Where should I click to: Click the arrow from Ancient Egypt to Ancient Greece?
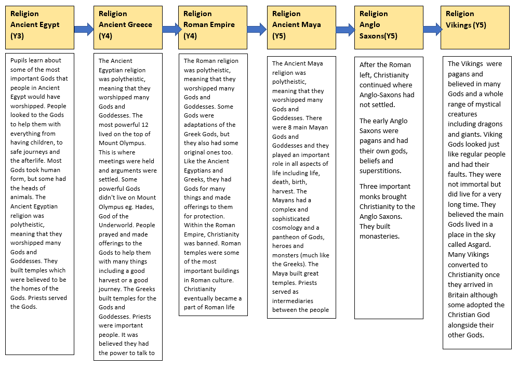click(x=84, y=30)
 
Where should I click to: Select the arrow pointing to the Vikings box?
click(x=432, y=30)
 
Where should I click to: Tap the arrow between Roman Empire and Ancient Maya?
click(x=257, y=30)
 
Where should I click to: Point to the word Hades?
click(x=144, y=207)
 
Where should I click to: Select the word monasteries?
click(x=379, y=237)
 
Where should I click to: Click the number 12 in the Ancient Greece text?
click(x=144, y=125)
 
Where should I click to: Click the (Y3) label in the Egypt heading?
click(x=17, y=36)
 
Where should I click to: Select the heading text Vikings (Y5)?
click(x=466, y=25)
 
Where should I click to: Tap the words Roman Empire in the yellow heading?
click(x=209, y=24)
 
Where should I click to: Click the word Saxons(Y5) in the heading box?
click(x=378, y=36)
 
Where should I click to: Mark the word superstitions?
click(x=380, y=171)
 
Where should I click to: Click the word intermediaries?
click(x=293, y=301)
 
